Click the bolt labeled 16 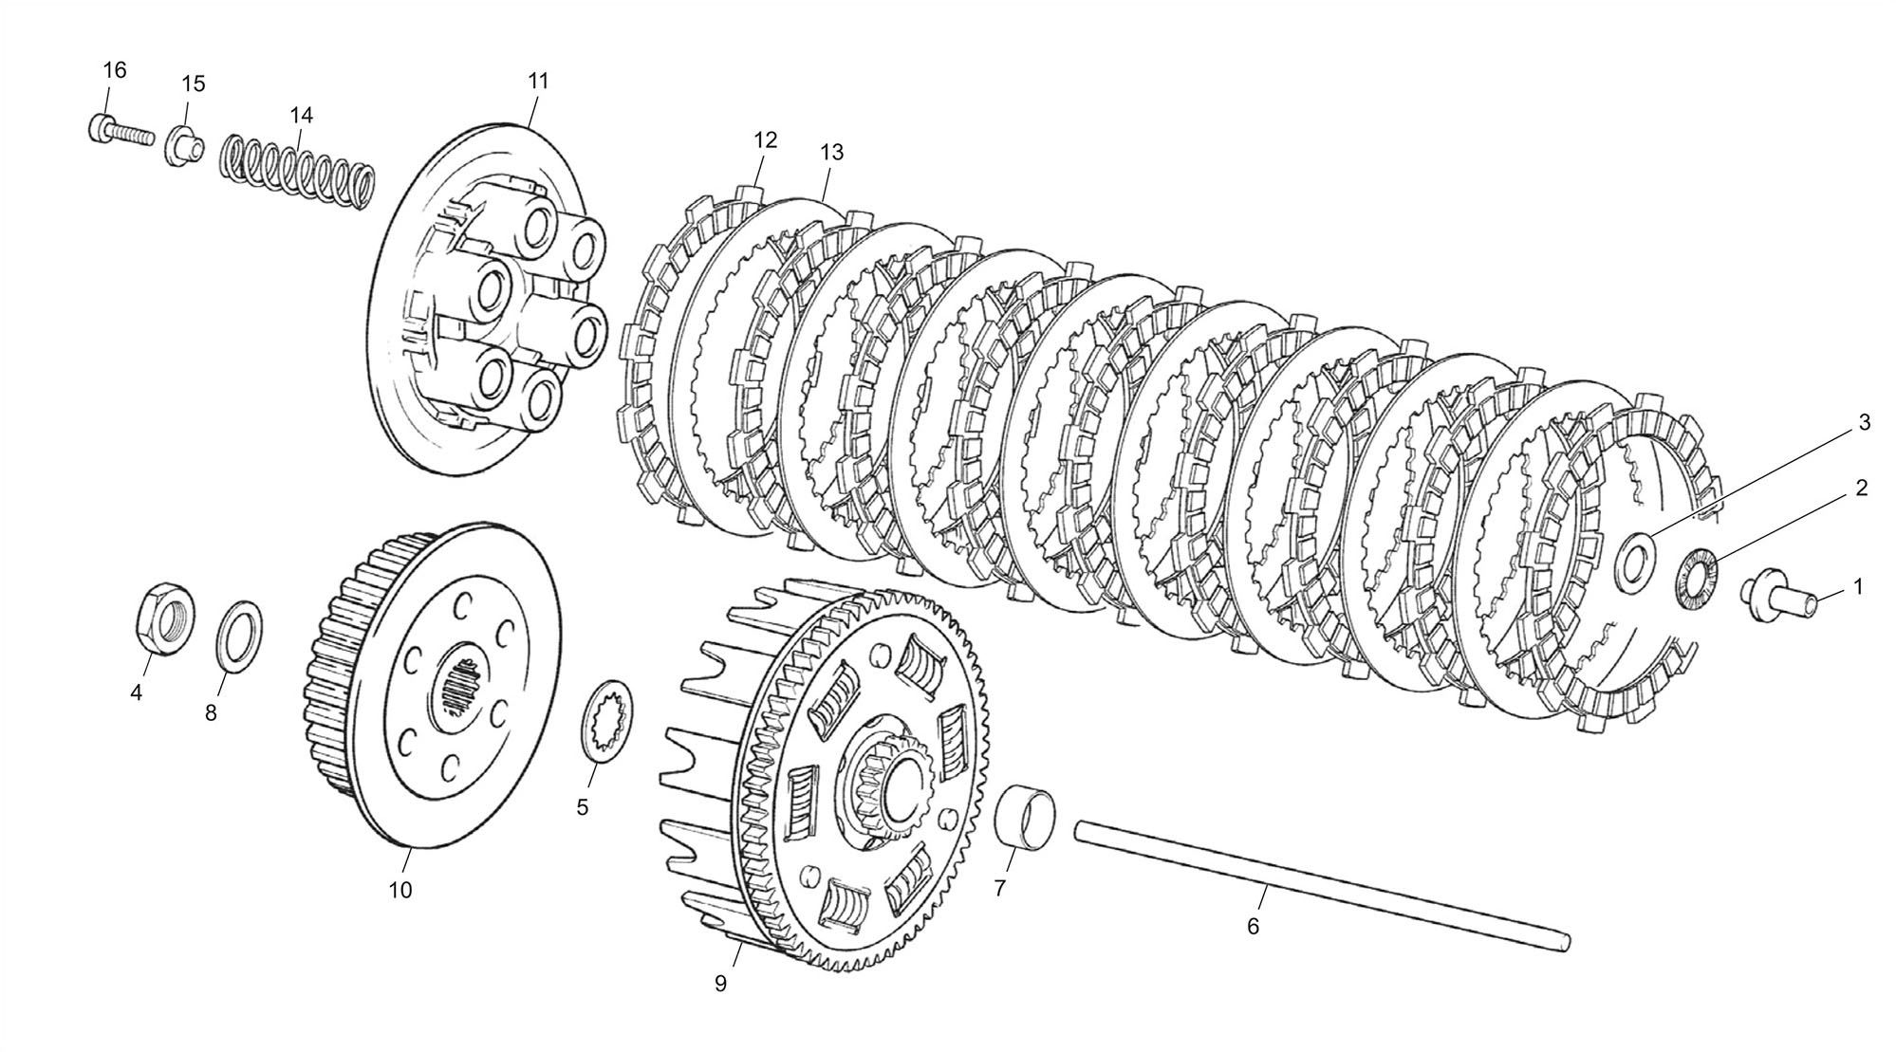[121, 131]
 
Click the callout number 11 [538, 82]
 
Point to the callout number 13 [831, 152]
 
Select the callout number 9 [720, 984]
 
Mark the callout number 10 [400, 890]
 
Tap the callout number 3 [1864, 423]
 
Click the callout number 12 [766, 139]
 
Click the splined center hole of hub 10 [462, 687]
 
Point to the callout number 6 [1253, 926]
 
